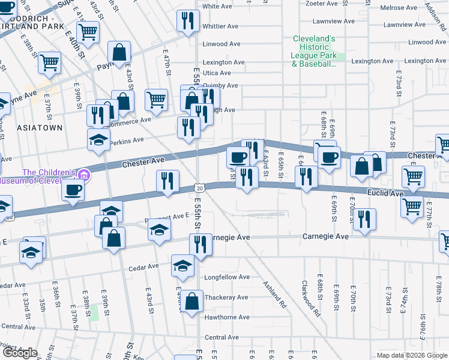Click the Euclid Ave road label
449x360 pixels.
386,194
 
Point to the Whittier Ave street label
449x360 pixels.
221,26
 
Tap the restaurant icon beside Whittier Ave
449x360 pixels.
188,20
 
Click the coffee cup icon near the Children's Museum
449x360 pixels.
73,190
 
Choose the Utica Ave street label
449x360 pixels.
217,72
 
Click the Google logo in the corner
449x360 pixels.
20,353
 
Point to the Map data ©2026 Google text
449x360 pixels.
411,355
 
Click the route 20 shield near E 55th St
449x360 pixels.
200,188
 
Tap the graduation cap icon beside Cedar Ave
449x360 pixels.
183,266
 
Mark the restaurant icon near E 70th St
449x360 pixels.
364,220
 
